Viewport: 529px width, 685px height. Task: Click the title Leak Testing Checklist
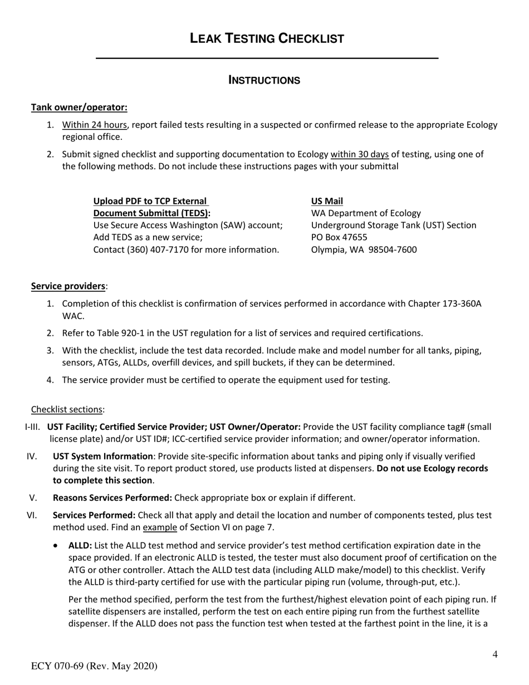267,38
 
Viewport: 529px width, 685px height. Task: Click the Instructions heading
264,80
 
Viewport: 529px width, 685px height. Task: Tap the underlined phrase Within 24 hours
94,125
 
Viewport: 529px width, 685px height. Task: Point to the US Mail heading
327,201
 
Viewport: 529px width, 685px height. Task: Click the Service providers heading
68,286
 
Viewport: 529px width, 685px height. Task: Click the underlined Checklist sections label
67,409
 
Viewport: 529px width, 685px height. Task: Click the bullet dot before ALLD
56,546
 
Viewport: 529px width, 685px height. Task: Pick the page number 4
494,654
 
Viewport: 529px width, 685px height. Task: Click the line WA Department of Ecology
366,213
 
